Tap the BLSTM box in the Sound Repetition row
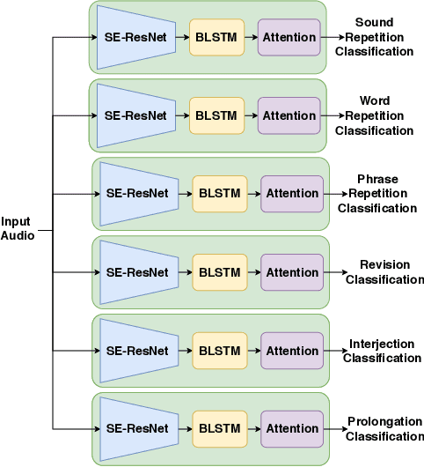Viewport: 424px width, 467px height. coord(216,38)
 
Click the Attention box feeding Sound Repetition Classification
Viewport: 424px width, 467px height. coord(289,38)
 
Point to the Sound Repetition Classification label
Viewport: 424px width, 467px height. coord(374,37)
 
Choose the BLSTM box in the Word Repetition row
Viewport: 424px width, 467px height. coord(216,115)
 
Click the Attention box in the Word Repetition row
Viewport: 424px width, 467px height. coord(289,115)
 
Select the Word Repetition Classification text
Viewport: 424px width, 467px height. coord(374,115)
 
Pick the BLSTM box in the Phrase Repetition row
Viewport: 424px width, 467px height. coord(219,194)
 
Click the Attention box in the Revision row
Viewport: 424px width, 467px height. coord(291,272)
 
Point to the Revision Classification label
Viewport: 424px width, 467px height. coord(384,272)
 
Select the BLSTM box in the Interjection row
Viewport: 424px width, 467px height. coord(219,351)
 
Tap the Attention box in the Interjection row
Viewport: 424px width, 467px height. coord(291,351)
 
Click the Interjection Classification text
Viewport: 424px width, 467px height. coord(382,351)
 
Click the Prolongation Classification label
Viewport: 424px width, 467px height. coord(384,429)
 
